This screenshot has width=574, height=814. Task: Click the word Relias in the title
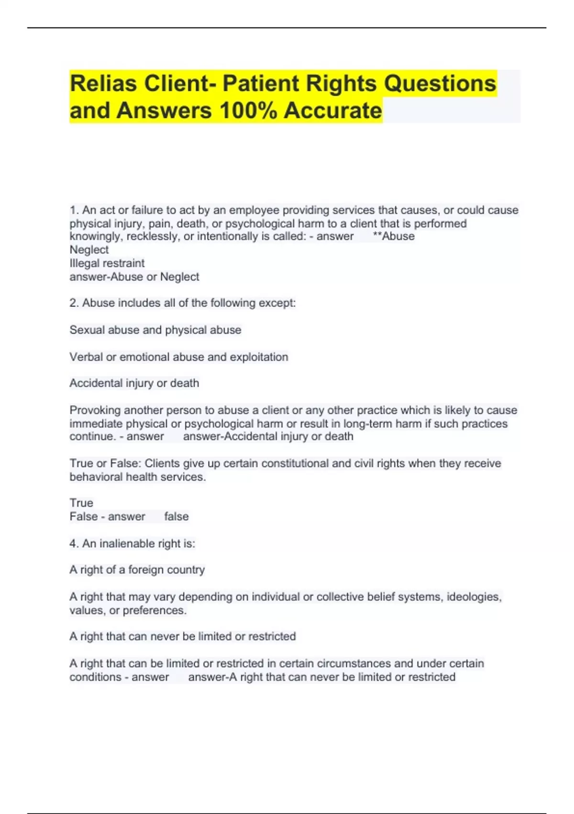click(104, 83)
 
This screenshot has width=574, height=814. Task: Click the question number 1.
click(73, 210)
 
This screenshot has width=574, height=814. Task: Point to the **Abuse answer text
click(393, 237)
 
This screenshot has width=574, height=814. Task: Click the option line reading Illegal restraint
click(107, 263)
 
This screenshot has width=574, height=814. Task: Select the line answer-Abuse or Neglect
click(134, 277)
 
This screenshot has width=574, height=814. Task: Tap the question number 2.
click(73, 303)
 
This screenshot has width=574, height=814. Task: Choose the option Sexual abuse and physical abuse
click(155, 330)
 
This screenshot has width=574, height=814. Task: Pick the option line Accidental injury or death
click(134, 383)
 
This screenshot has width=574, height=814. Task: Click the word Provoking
click(95, 410)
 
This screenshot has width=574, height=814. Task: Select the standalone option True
click(81, 503)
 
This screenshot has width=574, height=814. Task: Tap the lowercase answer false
click(177, 517)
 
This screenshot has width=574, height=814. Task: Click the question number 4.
click(73, 543)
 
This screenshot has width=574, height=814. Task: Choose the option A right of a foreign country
click(137, 570)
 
